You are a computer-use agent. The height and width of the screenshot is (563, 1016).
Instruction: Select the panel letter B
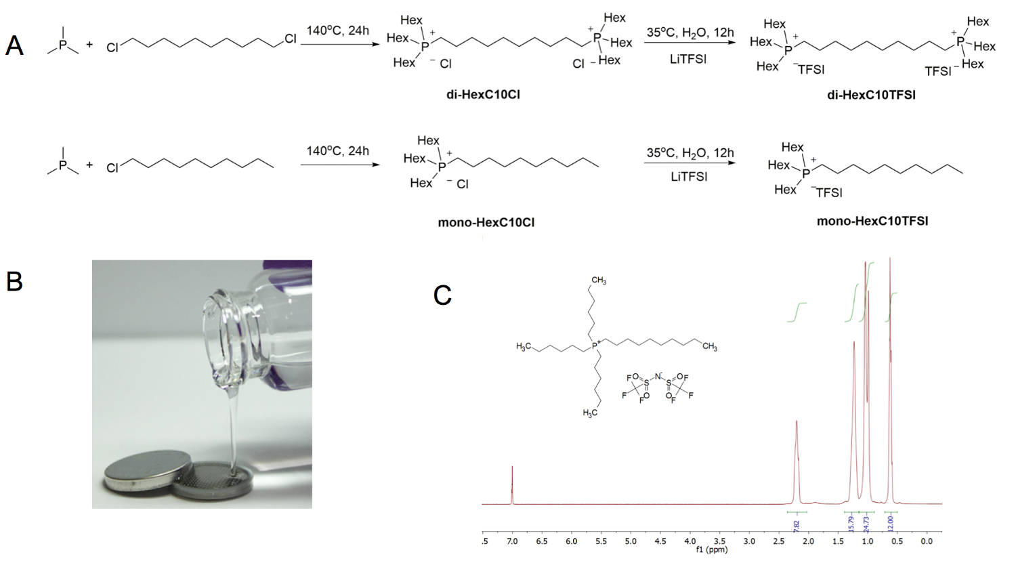pyautogui.click(x=14, y=280)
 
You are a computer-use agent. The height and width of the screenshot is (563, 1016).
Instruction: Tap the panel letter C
pyautogui.click(x=442, y=295)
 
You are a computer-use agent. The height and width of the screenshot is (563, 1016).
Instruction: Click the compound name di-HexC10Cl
pyautogui.click(x=483, y=95)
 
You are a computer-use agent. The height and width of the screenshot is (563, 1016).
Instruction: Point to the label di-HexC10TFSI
pyautogui.click(x=871, y=95)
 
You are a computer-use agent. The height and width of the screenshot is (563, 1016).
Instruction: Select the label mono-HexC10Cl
pyautogui.click(x=486, y=222)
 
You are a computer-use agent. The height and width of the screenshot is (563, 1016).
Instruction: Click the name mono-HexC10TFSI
pyautogui.click(x=872, y=221)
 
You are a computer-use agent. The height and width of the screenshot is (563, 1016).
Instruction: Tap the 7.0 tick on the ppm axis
pyautogui.click(x=512, y=541)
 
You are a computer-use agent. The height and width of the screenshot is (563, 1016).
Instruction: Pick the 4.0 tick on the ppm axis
pyautogui.click(x=690, y=541)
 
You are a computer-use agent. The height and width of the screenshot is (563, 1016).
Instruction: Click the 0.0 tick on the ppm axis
pyautogui.click(x=927, y=541)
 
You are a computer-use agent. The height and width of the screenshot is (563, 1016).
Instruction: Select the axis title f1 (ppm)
pyautogui.click(x=711, y=550)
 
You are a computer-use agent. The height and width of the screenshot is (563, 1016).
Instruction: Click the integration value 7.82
pyautogui.click(x=797, y=524)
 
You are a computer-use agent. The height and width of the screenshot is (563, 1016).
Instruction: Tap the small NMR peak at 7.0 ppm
pyautogui.click(x=512, y=474)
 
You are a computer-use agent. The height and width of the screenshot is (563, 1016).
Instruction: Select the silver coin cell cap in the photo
pyautogui.click(x=139, y=469)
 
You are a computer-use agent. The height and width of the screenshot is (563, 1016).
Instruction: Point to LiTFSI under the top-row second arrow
pyautogui.click(x=688, y=60)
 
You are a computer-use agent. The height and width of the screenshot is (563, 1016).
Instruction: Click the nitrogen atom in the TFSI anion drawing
pyautogui.click(x=657, y=375)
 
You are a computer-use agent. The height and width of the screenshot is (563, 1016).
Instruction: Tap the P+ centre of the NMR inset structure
pyautogui.click(x=595, y=346)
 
